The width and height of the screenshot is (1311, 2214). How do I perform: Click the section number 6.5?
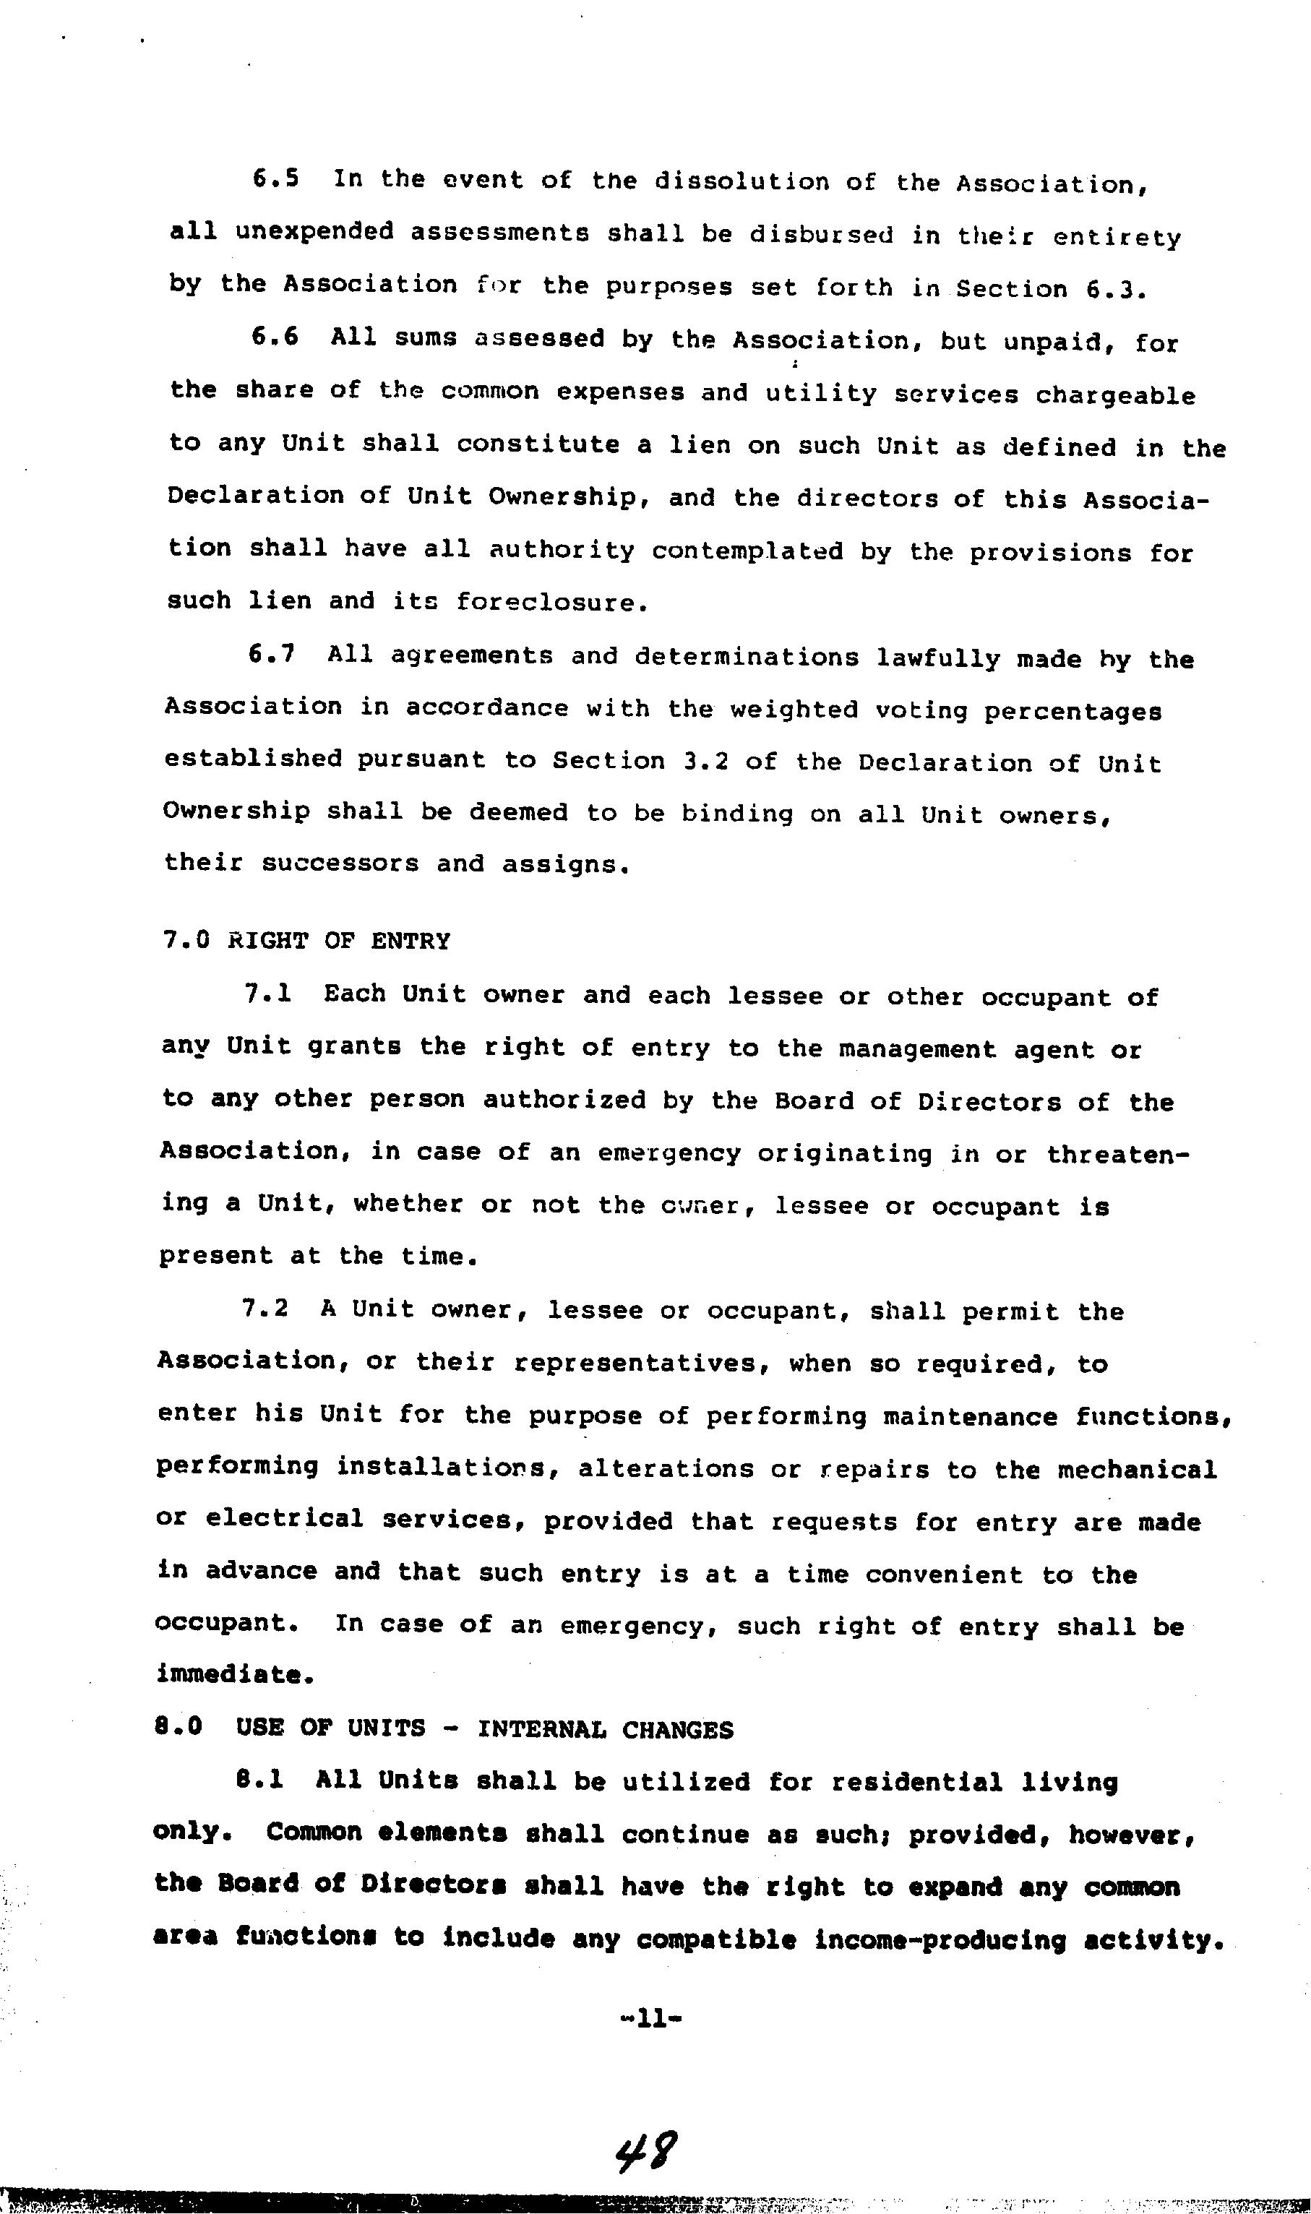coord(275,178)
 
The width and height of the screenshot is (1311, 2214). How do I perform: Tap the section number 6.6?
coord(275,337)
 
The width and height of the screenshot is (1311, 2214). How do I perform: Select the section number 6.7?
coord(271,655)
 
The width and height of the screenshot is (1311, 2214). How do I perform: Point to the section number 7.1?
coord(267,994)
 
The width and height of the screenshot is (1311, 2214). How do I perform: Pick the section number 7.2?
coord(265,1308)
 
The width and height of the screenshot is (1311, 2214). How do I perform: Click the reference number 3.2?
coord(706,762)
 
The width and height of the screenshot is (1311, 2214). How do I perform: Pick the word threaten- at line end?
coord(1117,1154)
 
